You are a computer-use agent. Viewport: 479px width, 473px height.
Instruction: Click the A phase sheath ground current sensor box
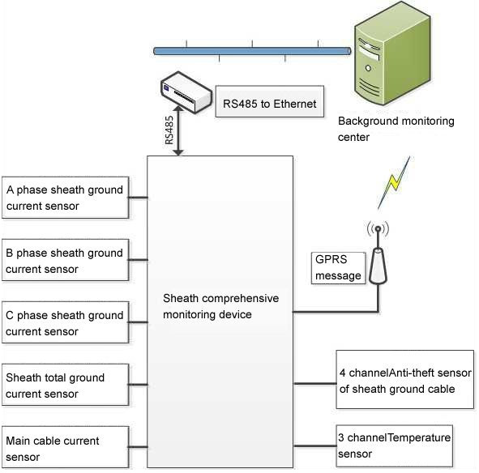pyautogui.click(x=65, y=198)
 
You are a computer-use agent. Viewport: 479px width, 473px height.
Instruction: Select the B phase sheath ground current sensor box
pyautogui.click(x=65, y=260)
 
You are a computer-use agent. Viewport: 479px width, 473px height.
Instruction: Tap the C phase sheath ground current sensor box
pyautogui.click(x=65, y=322)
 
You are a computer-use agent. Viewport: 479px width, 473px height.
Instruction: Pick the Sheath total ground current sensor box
pyautogui.click(x=65, y=385)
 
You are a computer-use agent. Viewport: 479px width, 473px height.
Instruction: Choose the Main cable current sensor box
pyautogui.click(x=65, y=447)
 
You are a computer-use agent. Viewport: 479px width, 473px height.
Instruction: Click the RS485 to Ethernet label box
pyautogui.click(x=269, y=103)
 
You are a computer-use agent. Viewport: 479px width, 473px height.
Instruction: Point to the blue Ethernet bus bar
pyautogui.click(x=251, y=51)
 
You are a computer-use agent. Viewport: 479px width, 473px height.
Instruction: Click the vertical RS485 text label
pyautogui.click(x=169, y=130)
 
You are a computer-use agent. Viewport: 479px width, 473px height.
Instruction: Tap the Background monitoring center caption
pyautogui.click(x=396, y=129)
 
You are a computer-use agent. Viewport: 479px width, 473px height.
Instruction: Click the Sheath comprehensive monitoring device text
pyautogui.click(x=220, y=305)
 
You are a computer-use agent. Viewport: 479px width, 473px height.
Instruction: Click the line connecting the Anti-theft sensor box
pyautogui.click(x=314, y=382)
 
